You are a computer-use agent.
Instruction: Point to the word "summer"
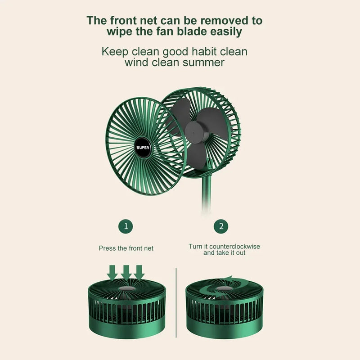tap(203, 62)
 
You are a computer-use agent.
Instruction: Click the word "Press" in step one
tap(108, 248)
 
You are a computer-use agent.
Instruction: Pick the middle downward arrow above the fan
tap(126, 272)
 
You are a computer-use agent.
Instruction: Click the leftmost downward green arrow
tap(112, 272)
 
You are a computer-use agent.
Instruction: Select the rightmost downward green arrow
tap(139, 272)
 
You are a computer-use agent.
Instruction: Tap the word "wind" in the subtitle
tap(137, 62)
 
